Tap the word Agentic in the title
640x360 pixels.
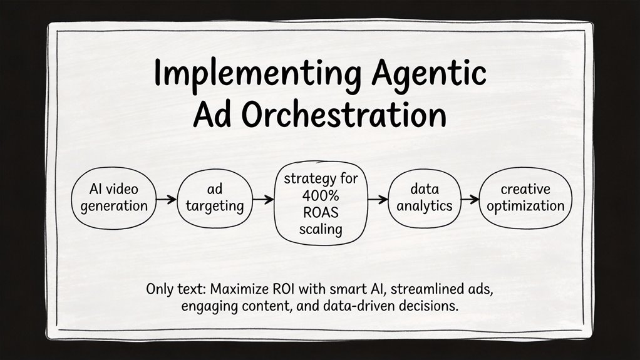(427, 75)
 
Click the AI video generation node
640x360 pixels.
(113, 198)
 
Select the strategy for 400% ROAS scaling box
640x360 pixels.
(320, 203)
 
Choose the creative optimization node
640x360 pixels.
(525, 198)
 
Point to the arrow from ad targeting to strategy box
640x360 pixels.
(263, 200)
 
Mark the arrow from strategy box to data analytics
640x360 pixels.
(377, 199)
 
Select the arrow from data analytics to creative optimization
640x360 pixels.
(468, 199)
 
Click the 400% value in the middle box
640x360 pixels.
(320, 195)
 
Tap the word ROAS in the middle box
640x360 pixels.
(320, 212)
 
